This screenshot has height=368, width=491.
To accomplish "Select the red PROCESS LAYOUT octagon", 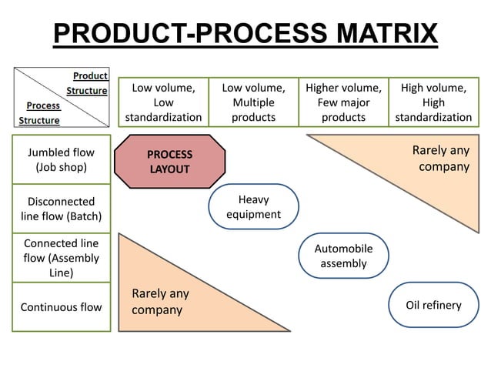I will (170, 161).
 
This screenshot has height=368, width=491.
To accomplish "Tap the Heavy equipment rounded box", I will (253, 207).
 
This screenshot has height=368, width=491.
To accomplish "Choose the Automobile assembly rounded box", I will (343, 256).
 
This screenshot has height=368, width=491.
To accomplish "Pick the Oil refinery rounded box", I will (433, 306).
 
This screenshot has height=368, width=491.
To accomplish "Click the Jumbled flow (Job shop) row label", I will (61, 159).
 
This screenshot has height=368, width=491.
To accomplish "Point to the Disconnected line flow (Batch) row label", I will (61, 208).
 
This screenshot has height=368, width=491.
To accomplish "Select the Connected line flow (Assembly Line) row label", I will (61, 258).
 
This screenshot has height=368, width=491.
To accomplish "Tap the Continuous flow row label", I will (61, 307).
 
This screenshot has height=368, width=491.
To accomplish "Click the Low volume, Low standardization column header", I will (163, 102).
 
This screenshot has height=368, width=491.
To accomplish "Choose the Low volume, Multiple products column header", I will (253, 102).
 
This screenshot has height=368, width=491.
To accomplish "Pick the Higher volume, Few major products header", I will (343, 102).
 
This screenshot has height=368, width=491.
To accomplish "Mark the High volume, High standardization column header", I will (433, 102).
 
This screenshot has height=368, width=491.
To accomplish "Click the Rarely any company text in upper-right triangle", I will (440, 158).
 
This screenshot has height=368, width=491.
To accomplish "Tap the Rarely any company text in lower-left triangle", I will (159, 302).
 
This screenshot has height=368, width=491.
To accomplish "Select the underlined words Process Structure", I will (42, 112).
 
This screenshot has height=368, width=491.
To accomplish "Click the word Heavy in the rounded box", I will (253, 199).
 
